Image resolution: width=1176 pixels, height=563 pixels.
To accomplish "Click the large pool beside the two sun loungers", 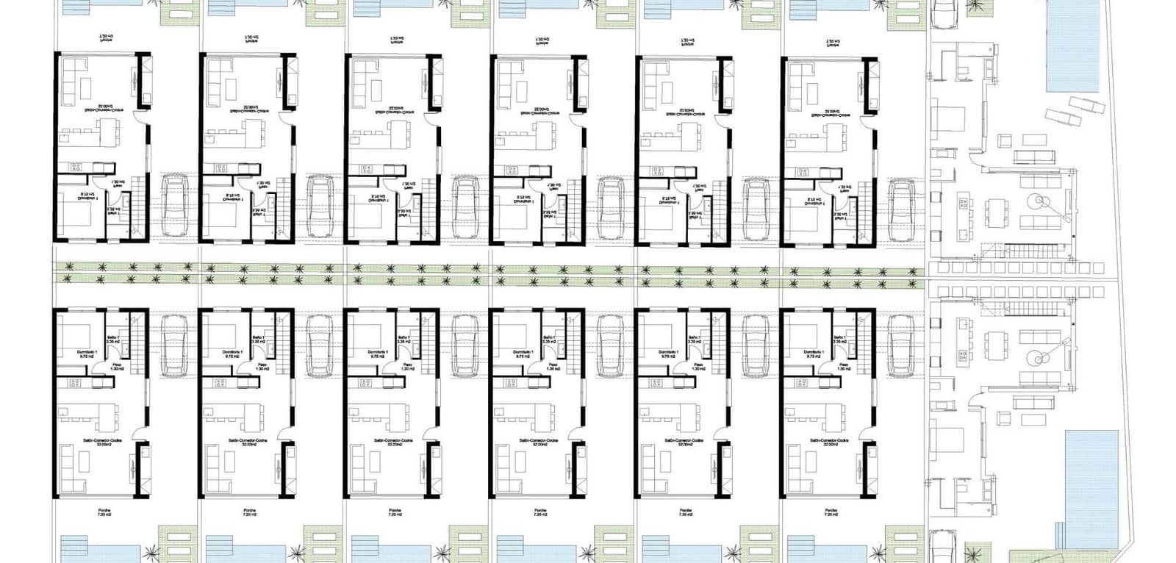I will [x=1078, y=44].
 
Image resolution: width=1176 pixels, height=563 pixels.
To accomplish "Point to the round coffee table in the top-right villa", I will [x=1039, y=200].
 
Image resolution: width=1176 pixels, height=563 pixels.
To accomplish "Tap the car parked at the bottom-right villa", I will [x=943, y=547].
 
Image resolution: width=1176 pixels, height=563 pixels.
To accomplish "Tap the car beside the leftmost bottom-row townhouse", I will [x=174, y=343].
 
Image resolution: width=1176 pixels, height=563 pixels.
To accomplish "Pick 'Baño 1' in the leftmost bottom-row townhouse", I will [x=112, y=338].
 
